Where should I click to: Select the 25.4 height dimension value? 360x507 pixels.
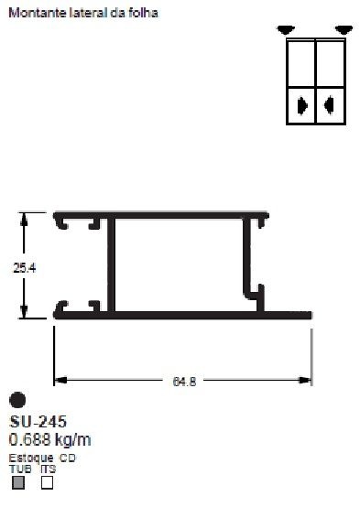(x=25, y=267)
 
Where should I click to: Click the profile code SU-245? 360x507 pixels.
(x=38, y=422)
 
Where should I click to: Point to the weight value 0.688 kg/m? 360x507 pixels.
(x=50, y=439)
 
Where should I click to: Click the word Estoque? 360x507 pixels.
(x=31, y=458)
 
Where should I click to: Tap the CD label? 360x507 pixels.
(x=69, y=458)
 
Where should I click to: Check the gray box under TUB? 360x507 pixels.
(x=18, y=482)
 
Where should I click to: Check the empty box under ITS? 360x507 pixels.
(x=47, y=482)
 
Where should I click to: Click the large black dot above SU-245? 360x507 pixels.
(x=16, y=400)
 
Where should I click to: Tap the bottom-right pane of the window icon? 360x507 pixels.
(x=328, y=105)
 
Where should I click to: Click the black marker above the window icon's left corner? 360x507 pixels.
(x=286, y=28)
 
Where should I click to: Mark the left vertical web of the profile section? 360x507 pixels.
(x=112, y=265)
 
